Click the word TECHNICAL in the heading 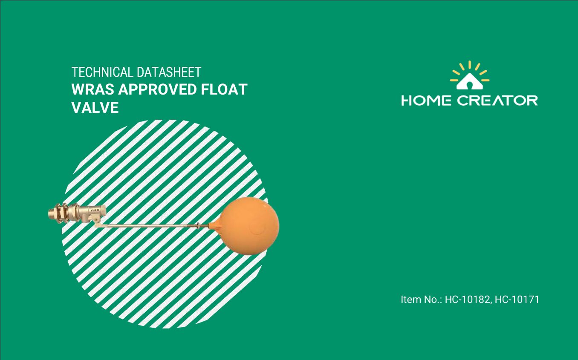click(103, 72)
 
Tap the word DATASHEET click(169, 72)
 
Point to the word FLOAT click(224, 89)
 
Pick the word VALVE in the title click(95, 107)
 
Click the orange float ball click(247, 226)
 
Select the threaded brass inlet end click(52, 213)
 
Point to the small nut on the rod click(199, 226)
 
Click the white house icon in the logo click(470, 81)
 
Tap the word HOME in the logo click(426, 101)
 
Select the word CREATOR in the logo click(498, 101)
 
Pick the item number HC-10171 click(517, 300)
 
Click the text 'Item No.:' click(422, 300)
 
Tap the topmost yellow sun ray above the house click(470, 65)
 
